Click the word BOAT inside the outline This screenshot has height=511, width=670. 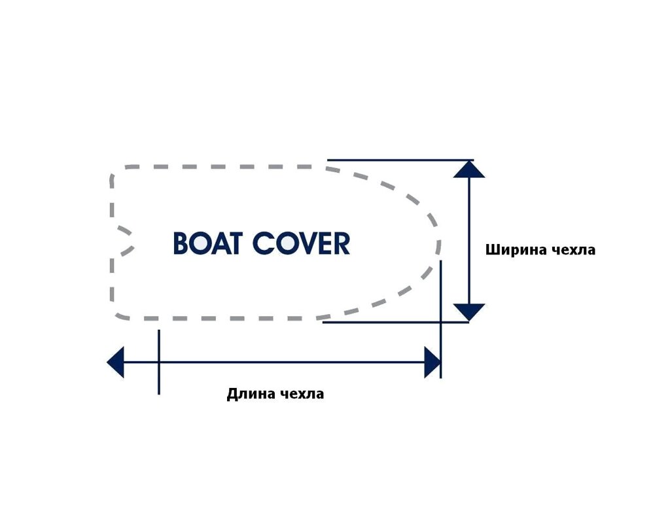click(208, 243)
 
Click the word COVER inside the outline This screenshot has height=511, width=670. click(301, 243)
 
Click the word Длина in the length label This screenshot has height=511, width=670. click(251, 393)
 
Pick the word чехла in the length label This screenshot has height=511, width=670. click(302, 393)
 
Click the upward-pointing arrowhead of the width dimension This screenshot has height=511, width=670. click(468, 169)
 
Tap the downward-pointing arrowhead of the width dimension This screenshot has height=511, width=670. click(468, 312)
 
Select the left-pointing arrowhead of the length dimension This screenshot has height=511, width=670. click(115, 362)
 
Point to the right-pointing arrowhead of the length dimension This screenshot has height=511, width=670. click(432, 362)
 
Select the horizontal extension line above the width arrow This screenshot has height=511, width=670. click(400, 160)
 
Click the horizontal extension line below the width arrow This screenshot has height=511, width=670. click(396, 322)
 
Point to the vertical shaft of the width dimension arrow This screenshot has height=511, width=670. click(468, 241)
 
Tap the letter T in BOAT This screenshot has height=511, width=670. click(235, 243)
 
